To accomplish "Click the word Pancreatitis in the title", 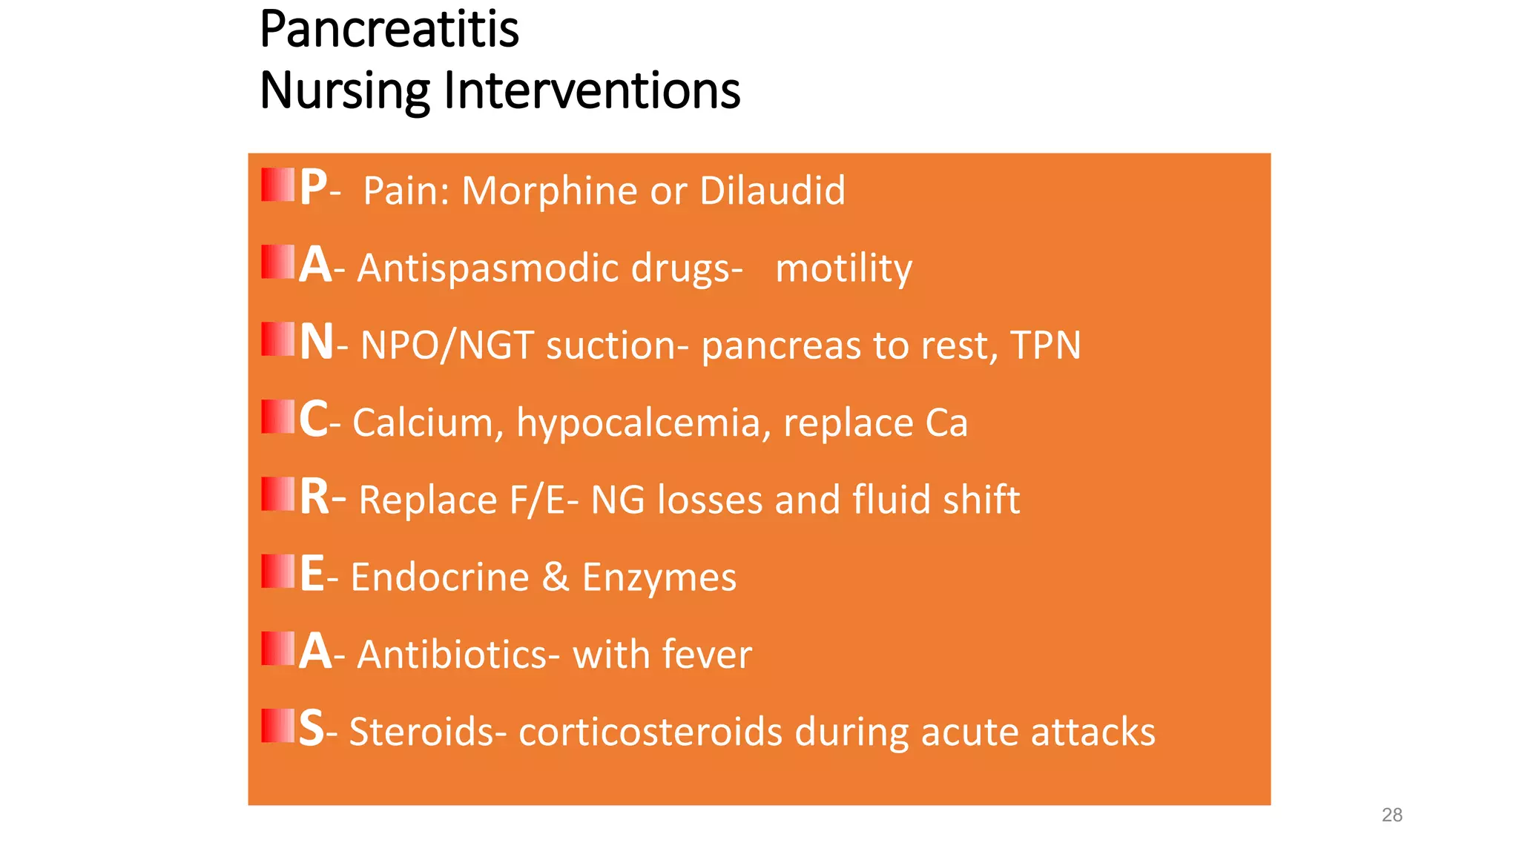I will point(389,30).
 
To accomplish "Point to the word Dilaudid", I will point(772,191).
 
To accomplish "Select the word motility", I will point(843,268).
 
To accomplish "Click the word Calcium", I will point(428,423).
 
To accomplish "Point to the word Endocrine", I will point(440,577).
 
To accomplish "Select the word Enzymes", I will point(659,577).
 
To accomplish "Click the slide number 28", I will point(1392,815).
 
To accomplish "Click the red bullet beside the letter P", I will point(278,185).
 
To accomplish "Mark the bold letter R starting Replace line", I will point(314,497).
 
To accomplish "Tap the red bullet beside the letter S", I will point(278,726).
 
